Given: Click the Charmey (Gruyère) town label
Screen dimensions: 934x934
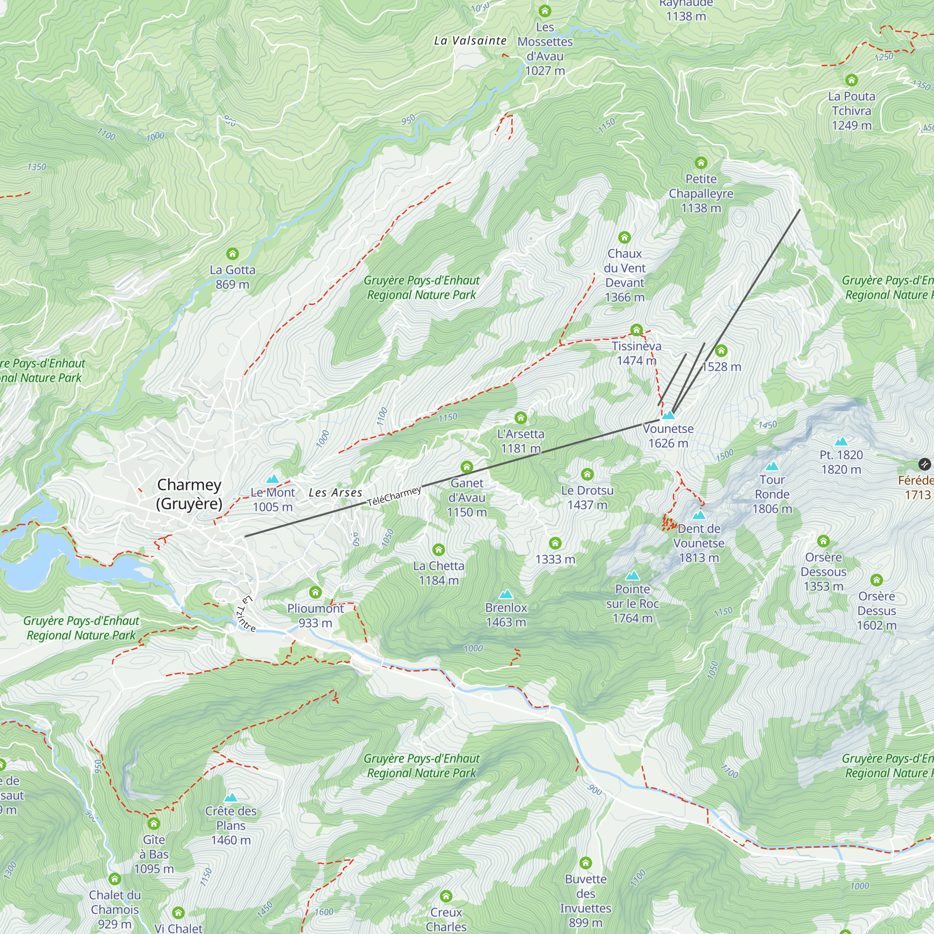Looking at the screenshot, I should [x=189, y=494].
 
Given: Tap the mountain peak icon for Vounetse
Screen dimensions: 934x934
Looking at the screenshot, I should [x=668, y=415].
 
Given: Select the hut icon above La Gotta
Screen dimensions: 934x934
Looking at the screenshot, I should [x=233, y=254].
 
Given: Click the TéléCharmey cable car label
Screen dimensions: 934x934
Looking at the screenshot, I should [x=394, y=497].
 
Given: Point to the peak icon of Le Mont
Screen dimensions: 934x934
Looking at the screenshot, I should [x=273, y=479].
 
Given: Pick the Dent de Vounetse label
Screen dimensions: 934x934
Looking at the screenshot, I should [x=699, y=543].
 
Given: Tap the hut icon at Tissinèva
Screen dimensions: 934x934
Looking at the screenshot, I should [x=636, y=330].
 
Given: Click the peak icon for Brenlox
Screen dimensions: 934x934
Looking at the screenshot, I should [x=506, y=594].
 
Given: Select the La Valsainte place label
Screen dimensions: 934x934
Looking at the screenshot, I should [x=470, y=41].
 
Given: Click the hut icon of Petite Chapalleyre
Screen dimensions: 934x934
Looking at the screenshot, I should [x=701, y=163].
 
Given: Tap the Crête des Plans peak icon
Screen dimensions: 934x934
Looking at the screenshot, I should [x=231, y=798].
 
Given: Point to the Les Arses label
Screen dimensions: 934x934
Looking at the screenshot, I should [x=335, y=493].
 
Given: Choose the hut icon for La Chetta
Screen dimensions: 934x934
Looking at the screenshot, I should [x=439, y=550].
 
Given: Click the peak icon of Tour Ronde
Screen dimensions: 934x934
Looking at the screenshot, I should [x=772, y=467].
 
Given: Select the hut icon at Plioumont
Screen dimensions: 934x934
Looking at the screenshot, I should [x=315, y=592].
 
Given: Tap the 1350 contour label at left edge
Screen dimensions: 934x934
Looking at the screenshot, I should [x=37, y=167].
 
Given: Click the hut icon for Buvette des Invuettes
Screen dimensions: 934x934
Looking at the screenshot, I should [x=586, y=863].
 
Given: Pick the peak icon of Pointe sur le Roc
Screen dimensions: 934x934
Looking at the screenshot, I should [x=632, y=576].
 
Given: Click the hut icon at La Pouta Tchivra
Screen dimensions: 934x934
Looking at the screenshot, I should [x=851, y=80].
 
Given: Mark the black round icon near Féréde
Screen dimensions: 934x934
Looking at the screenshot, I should [x=924, y=465].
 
